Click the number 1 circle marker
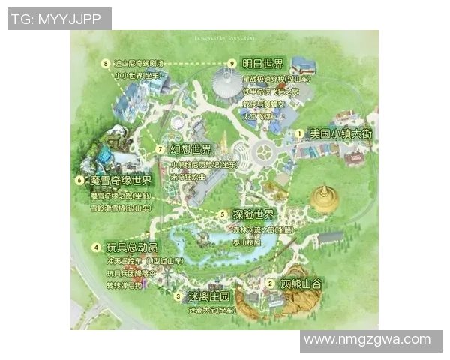(x=299, y=133)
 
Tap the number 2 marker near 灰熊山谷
(x=270, y=283)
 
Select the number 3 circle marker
(x=177, y=296)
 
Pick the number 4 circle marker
(x=96, y=247)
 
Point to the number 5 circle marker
(x=223, y=214)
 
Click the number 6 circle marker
(x=79, y=181)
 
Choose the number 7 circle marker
(x=160, y=148)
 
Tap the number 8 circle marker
(x=105, y=63)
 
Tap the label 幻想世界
(x=191, y=148)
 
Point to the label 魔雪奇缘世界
(x=121, y=181)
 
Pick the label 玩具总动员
(x=132, y=247)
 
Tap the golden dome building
(x=324, y=197)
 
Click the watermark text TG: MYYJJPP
(x=59, y=19)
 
